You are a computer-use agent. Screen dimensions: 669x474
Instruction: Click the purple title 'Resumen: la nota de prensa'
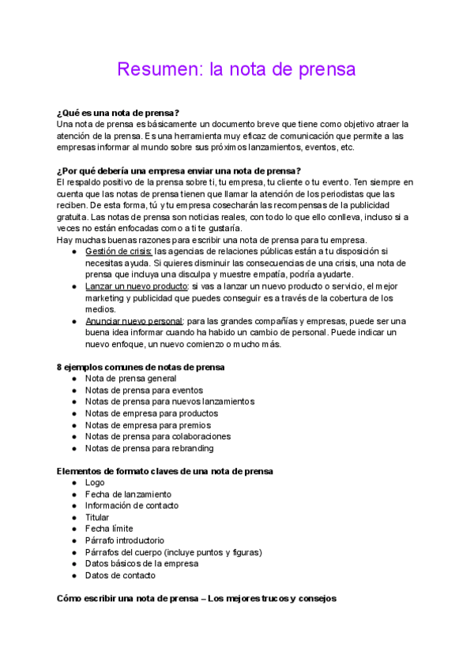(x=236, y=69)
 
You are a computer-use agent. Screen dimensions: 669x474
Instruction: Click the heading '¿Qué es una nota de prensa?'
(x=118, y=113)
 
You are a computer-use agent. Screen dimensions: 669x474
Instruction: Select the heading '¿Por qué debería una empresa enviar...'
(x=179, y=171)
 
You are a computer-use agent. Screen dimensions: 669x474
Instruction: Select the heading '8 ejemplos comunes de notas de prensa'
(x=141, y=367)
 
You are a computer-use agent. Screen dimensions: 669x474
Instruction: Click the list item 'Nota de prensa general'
(x=130, y=379)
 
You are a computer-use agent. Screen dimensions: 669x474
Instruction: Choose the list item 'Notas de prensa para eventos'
(x=144, y=391)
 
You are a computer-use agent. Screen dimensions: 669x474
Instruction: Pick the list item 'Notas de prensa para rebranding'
(x=149, y=448)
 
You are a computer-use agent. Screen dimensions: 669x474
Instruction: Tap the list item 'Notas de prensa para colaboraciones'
(x=158, y=436)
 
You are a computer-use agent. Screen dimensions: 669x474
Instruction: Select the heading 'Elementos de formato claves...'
(x=165, y=471)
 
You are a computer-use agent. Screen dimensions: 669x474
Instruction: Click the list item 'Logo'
(x=95, y=483)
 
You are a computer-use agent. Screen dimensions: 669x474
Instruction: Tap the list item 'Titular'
(x=97, y=518)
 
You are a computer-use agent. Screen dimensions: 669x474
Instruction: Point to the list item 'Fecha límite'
(x=109, y=529)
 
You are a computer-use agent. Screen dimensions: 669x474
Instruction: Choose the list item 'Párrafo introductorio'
(x=125, y=540)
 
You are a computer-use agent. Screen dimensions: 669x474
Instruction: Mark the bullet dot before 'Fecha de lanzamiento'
(x=73, y=495)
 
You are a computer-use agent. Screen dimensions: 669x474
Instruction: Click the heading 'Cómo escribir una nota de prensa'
(x=197, y=599)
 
